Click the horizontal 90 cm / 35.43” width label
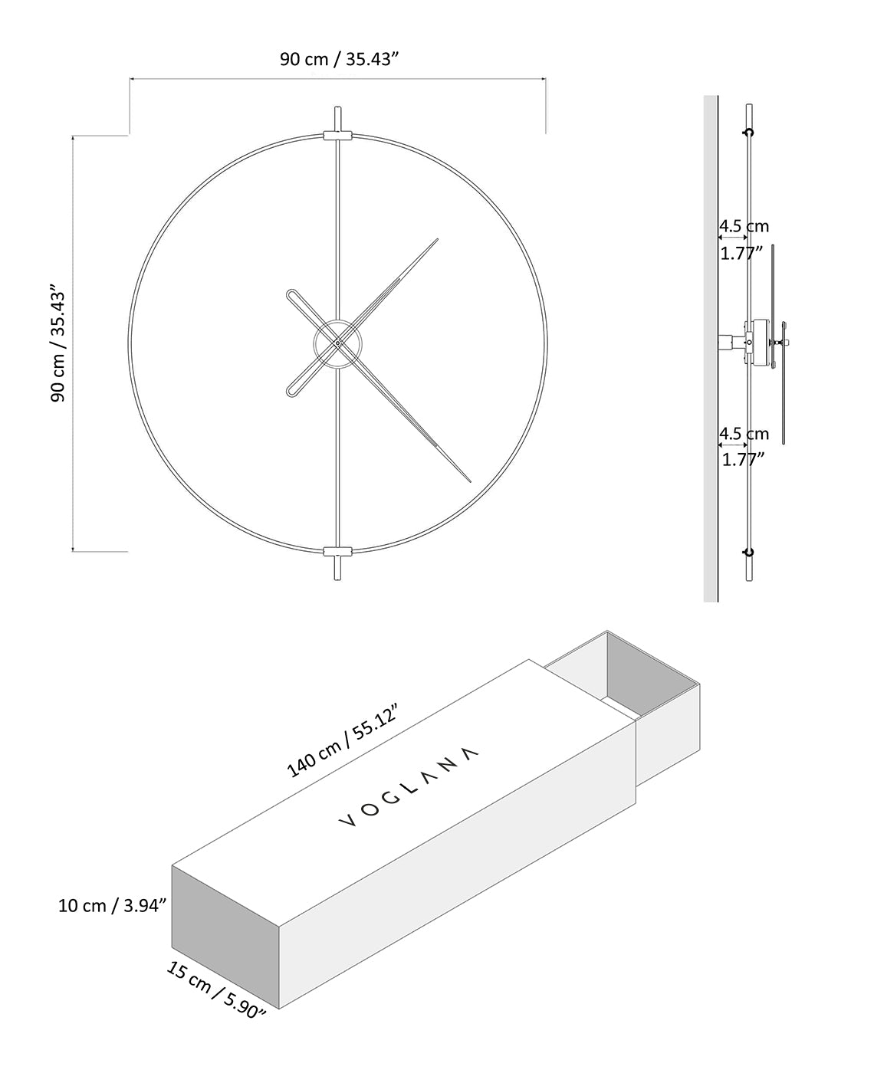pyautogui.click(x=337, y=60)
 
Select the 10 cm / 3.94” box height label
pyautogui.click(x=113, y=905)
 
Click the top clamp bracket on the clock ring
pyautogui.click(x=337, y=136)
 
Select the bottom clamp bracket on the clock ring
pyautogui.click(x=337, y=551)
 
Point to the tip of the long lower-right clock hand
pyautogui.click(x=468, y=481)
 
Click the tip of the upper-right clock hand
pyautogui.click(x=437, y=239)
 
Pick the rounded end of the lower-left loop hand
pyautogui.click(x=291, y=392)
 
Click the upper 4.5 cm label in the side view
pyautogui.click(x=744, y=226)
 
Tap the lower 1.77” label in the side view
pyautogui.click(x=743, y=460)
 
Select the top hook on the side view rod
pyautogui.click(x=749, y=133)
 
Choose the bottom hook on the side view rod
pyautogui.click(x=749, y=552)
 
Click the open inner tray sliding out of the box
pyautogui.click(x=629, y=674)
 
